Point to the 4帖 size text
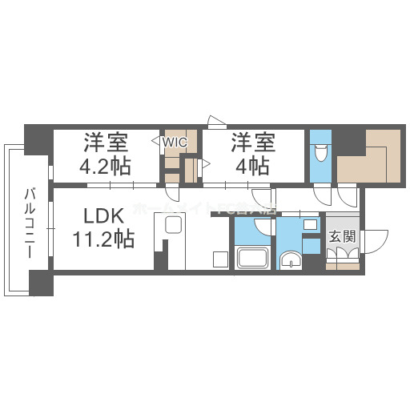(251, 167)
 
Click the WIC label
(175, 142)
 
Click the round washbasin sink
(291, 259)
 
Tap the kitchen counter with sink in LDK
(174, 226)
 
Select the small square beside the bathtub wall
(219, 258)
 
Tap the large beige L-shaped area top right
(368, 155)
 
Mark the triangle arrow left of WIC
(155, 142)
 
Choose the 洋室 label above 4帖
(254, 144)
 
